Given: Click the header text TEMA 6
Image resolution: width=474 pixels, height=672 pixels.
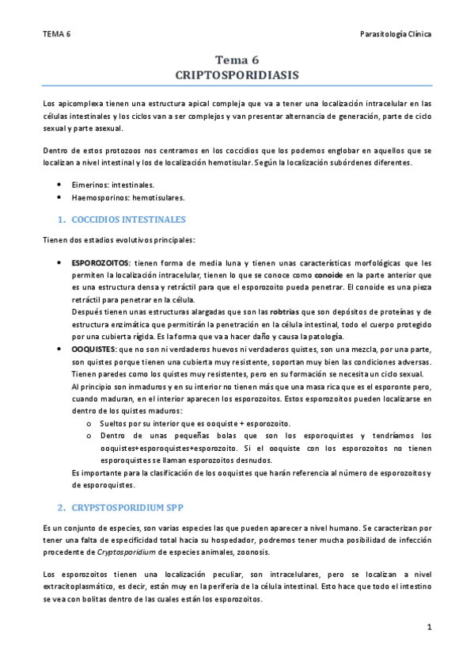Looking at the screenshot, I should pyautogui.click(x=57, y=34).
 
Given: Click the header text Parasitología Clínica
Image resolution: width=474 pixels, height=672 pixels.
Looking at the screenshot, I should pyautogui.click(x=395, y=34).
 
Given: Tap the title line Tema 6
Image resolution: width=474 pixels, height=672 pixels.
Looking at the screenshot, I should pyautogui.click(x=237, y=59).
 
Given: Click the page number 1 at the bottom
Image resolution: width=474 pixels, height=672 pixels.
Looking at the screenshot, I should pyautogui.click(x=429, y=627).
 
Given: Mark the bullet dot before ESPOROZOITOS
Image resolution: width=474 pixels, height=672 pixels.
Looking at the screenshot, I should pyautogui.click(x=61, y=263).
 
